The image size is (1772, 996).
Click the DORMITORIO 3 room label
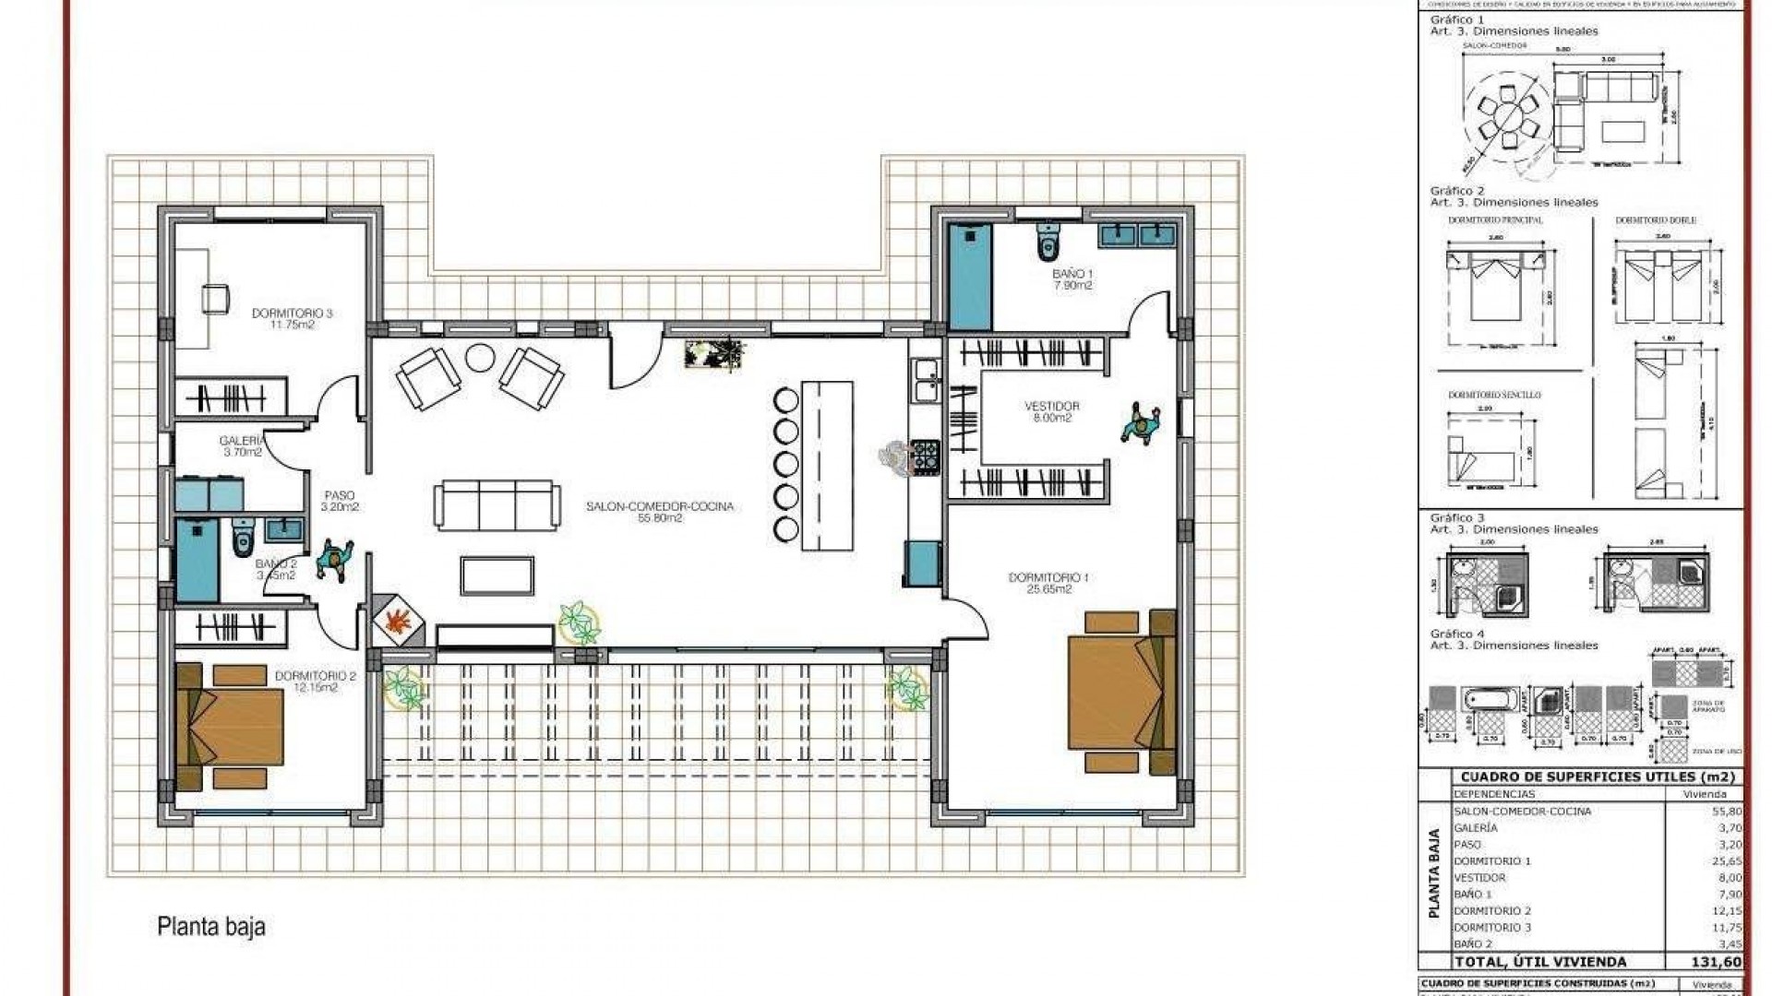click(292, 318)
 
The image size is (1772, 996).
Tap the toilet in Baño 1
click(1047, 243)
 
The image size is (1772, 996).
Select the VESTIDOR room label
click(1051, 411)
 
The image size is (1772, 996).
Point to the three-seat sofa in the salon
click(497, 504)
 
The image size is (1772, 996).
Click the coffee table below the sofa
click(497, 575)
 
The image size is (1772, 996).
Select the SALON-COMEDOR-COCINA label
click(660, 512)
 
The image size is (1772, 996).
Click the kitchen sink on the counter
click(924, 381)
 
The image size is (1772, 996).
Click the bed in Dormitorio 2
click(231, 727)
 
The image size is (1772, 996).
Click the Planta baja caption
click(211, 926)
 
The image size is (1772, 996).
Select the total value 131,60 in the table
click(1717, 962)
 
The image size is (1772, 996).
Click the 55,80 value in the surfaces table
click(1727, 812)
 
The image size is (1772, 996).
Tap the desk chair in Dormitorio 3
click(215, 298)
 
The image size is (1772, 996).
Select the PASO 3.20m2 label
click(339, 501)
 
